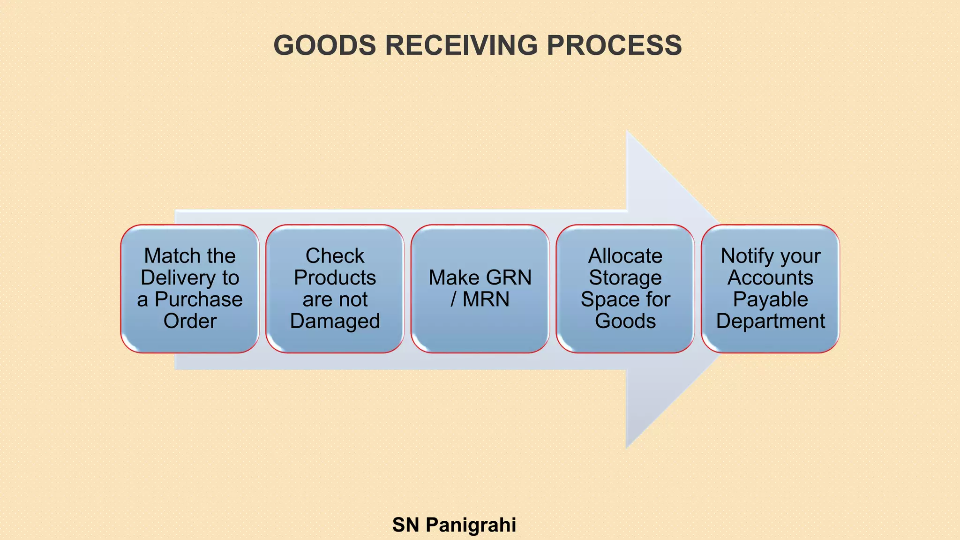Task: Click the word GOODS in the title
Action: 324,45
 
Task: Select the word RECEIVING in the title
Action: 461,45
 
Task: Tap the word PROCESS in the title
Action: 614,45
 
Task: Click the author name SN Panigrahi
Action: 454,525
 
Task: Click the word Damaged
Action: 335,321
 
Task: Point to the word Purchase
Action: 199,300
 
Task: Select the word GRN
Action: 509,277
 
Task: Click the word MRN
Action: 486,300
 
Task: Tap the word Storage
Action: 625,277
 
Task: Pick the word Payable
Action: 770,300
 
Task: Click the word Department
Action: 770,321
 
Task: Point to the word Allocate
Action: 625,256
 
